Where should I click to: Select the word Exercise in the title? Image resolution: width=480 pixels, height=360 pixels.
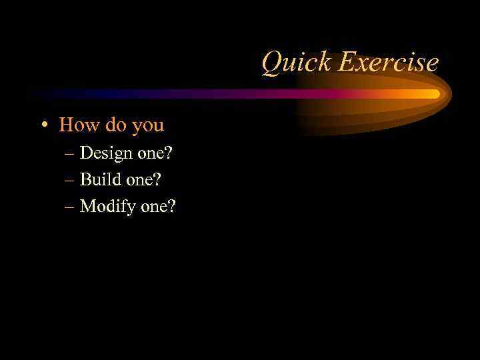pos(388,63)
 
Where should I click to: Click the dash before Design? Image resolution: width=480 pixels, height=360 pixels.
pos(70,153)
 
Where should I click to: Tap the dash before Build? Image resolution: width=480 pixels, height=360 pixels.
pos(70,180)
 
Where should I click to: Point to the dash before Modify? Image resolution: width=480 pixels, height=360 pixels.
pos(70,207)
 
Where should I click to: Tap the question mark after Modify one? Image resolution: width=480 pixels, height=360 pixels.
pos(172,206)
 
